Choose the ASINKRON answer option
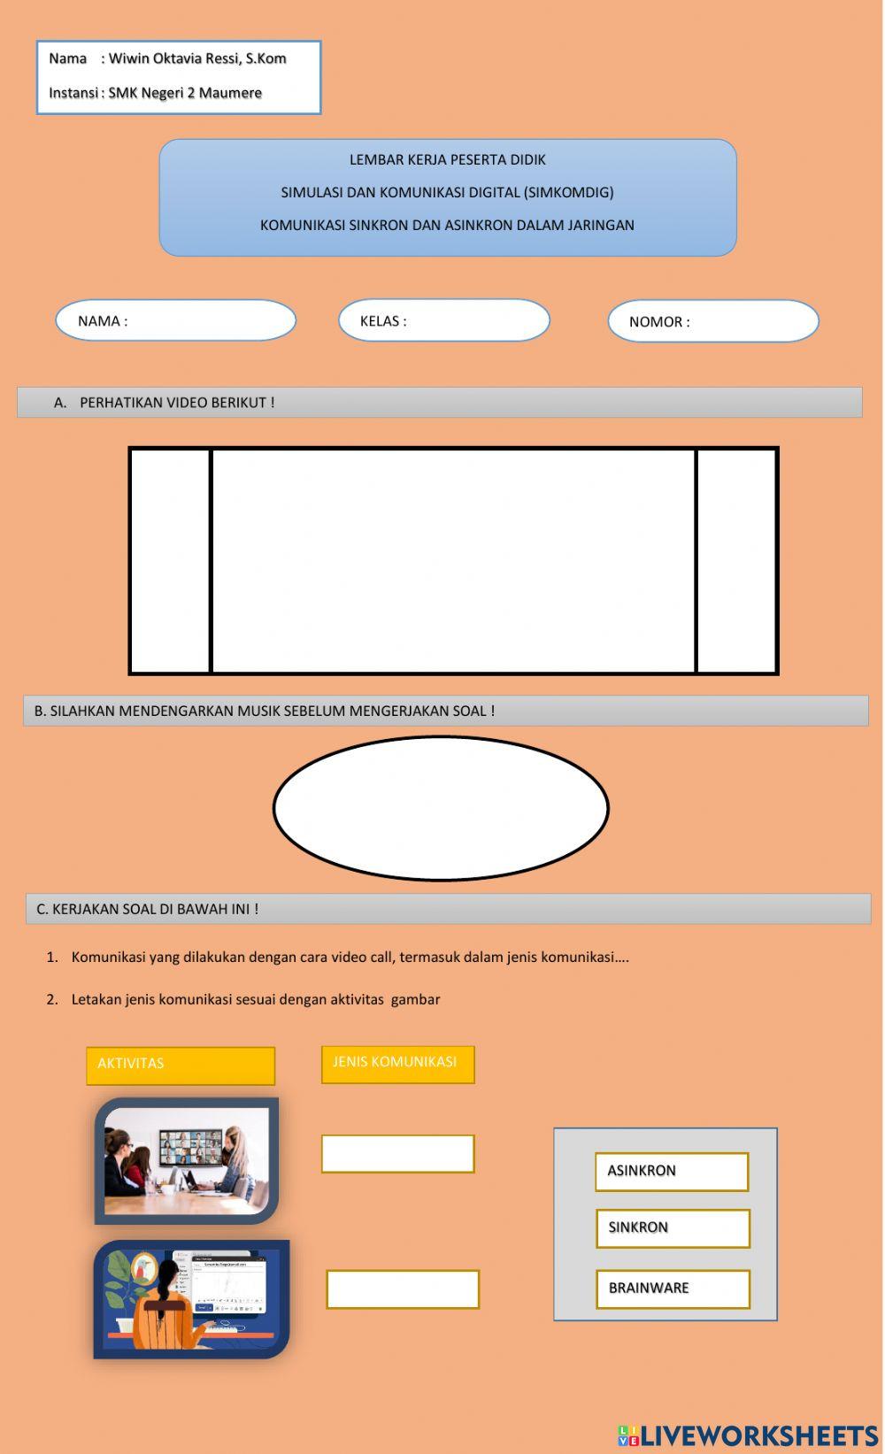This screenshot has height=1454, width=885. (x=671, y=1171)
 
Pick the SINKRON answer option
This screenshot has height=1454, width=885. (x=672, y=1227)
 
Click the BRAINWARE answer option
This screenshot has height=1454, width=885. (x=672, y=1289)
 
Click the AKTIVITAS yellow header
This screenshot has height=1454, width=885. (x=181, y=1065)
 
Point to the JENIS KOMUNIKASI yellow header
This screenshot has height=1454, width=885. (x=397, y=1063)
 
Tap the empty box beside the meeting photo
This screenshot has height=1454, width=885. (x=397, y=1154)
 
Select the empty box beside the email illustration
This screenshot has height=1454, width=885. (x=403, y=1289)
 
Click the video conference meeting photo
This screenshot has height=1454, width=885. (x=186, y=1160)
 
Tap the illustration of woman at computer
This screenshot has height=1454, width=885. (x=191, y=1298)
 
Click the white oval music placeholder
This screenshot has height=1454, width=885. (x=441, y=808)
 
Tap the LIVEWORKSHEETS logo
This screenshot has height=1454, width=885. (x=748, y=1435)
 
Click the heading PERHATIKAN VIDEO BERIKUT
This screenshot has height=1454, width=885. (x=177, y=403)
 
